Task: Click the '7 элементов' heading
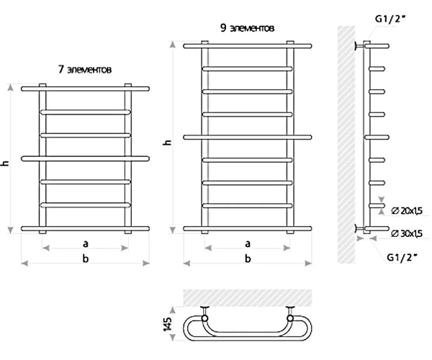[x=85, y=69]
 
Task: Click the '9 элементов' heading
[x=247, y=28]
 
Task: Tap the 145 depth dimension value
[x=168, y=324]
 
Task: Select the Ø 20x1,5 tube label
[x=407, y=211]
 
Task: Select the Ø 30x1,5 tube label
[x=407, y=233]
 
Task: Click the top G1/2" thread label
[x=391, y=19]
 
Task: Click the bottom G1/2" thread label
[x=402, y=257]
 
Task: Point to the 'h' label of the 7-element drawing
[x=6, y=163]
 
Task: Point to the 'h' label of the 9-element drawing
[x=168, y=143]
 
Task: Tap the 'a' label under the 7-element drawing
[x=86, y=244]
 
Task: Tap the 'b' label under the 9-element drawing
[x=248, y=258]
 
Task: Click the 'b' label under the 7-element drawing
[x=86, y=258]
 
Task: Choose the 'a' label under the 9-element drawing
[x=248, y=244]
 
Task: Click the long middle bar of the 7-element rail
[x=86, y=158]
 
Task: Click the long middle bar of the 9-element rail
[x=248, y=138]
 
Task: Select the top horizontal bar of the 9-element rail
[x=248, y=46]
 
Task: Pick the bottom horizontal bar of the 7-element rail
[x=86, y=229]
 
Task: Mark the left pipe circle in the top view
[x=204, y=318]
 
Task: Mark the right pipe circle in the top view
[x=290, y=318]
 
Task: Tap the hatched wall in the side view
[x=346, y=145]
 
